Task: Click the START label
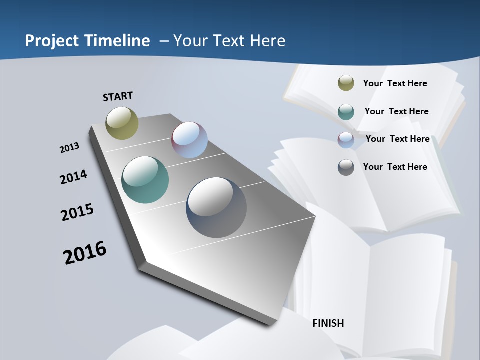[118, 96]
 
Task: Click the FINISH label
[328, 323]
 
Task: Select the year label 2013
[70, 148]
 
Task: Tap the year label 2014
[74, 177]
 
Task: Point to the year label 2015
[77, 212]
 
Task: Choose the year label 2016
[85, 252]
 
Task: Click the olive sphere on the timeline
[122, 123]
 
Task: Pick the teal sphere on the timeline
[145, 180]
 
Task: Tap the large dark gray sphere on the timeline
[216, 207]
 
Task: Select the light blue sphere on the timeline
[190, 140]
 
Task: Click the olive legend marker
[346, 83]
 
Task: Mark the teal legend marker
[346, 112]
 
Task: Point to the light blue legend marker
[346, 140]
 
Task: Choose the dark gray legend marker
[346, 167]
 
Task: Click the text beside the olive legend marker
[395, 83]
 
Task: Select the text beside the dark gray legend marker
[395, 167]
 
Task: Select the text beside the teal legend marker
[396, 111]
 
